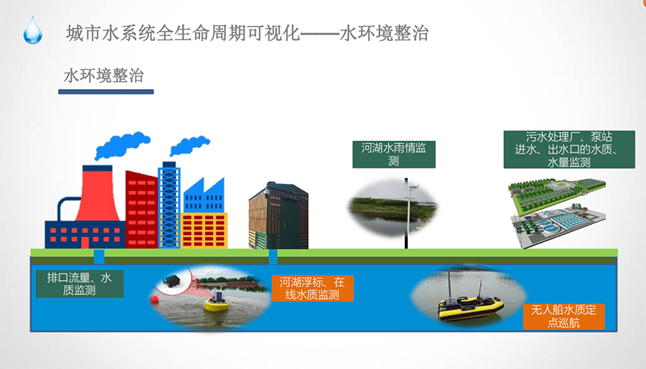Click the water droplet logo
tap(32, 30)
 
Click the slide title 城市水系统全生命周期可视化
tap(183, 33)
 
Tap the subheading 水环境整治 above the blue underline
tap(104, 75)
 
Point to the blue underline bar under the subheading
tap(106, 92)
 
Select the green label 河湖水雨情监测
tap(394, 154)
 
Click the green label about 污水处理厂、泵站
tap(569, 149)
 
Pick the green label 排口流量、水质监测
tap(80, 284)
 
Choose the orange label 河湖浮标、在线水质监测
tap(312, 289)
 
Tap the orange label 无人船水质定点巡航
tap(563, 316)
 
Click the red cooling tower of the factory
tap(98, 194)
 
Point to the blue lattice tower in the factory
tap(169, 205)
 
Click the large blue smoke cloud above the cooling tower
tap(122, 145)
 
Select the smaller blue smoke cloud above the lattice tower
tap(190, 144)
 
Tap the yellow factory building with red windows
tap(205, 230)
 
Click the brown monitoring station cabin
tap(278, 216)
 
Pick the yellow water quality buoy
tap(217, 303)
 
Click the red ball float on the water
tap(155, 299)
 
